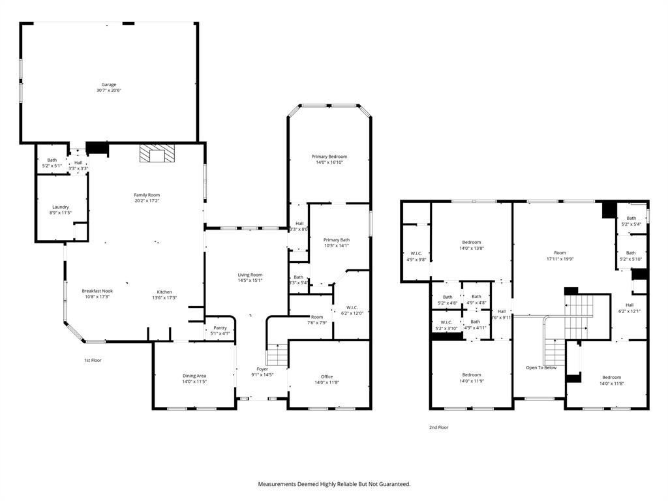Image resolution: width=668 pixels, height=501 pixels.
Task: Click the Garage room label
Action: tap(108, 85)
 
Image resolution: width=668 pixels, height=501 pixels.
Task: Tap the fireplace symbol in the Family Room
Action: tap(157, 154)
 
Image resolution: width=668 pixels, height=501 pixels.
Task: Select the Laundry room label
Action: tap(61, 207)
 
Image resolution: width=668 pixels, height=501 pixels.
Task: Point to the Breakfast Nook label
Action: tap(97, 291)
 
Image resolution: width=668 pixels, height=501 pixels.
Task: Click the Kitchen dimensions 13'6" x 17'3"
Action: tap(164, 298)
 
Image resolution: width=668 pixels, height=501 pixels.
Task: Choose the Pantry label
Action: tap(220, 327)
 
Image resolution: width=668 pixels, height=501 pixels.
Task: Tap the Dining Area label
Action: tap(194, 376)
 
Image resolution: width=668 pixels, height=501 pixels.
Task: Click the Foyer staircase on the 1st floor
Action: tap(278, 355)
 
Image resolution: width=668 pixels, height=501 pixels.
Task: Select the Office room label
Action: tap(327, 376)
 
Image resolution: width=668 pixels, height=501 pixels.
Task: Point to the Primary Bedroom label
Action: tap(329, 157)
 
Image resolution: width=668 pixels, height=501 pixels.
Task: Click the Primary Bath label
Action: tap(337, 239)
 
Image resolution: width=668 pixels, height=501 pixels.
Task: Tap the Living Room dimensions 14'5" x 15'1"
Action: tap(250, 281)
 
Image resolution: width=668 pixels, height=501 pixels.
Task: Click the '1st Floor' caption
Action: tap(93, 360)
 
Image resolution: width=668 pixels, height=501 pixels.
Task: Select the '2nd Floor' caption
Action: tap(438, 427)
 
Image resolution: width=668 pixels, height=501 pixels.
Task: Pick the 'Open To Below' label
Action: tap(541, 368)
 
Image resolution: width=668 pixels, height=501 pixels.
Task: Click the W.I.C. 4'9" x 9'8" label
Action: tap(416, 253)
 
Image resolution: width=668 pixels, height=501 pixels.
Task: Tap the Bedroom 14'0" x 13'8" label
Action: tap(472, 242)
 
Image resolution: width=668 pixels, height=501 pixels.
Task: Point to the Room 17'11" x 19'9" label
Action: tap(560, 252)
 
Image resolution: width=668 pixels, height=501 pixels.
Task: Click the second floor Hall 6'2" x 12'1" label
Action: tap(630, 305)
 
